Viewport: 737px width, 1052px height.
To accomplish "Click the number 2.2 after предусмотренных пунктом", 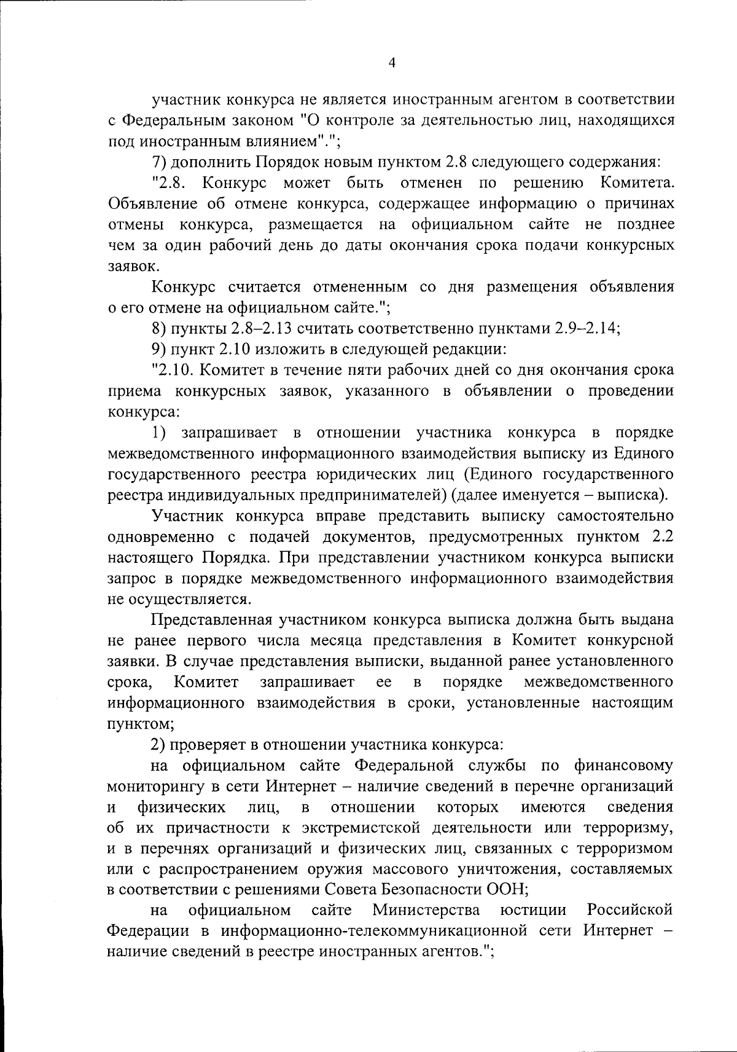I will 661,537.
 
